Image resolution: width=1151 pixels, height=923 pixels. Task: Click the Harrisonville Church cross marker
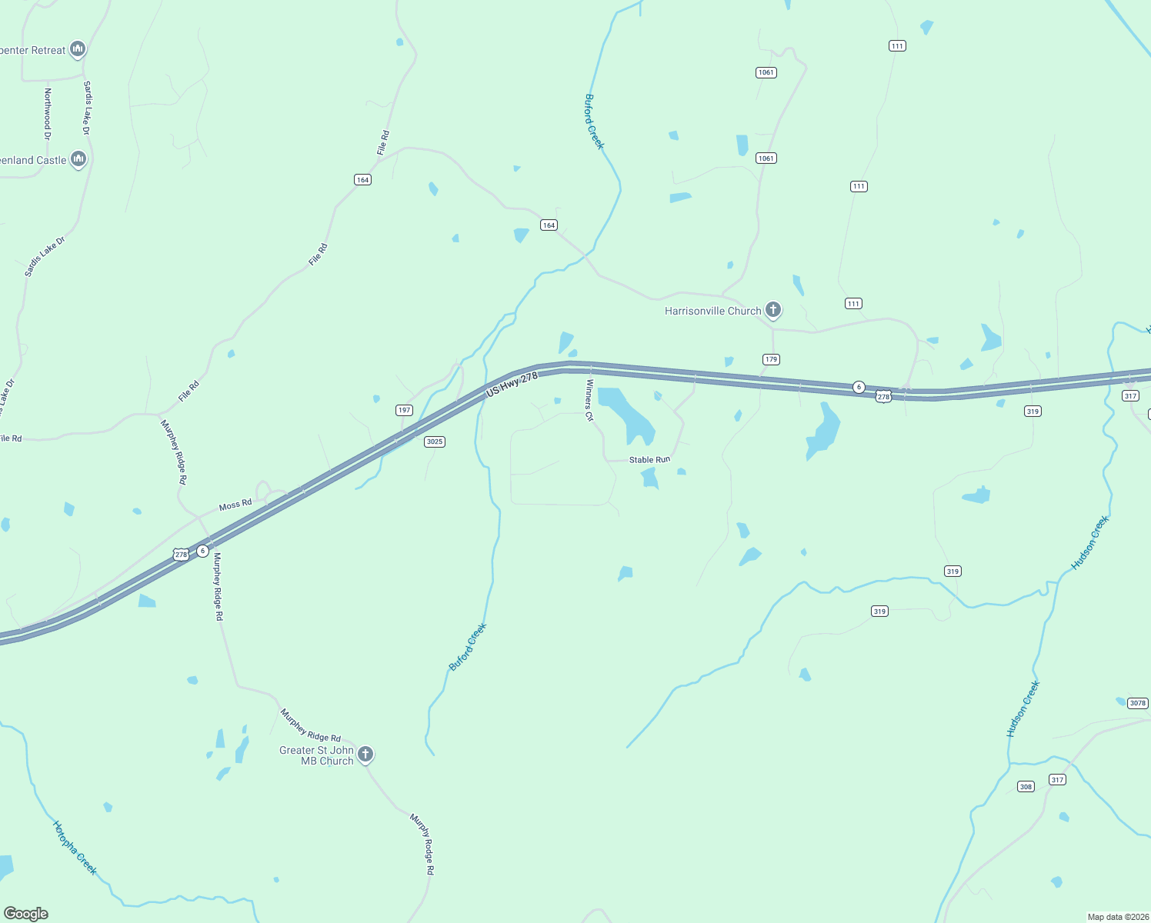[x=773, y=310]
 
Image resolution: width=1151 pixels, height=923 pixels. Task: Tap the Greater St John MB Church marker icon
[x=365, y=754]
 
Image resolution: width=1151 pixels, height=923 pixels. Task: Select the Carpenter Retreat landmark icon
[x=77, y=49]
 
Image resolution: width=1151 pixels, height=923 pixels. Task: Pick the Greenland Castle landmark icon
[x=78, y=159]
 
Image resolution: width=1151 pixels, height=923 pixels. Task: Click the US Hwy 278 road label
[x=512, y=385]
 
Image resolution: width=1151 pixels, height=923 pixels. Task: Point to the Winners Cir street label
[x=590, y=400]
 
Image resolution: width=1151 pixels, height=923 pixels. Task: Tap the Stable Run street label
[x=649, y=460]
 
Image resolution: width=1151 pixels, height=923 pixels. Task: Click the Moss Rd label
[x=235, y=505]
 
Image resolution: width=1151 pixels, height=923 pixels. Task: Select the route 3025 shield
[x=435, y=442]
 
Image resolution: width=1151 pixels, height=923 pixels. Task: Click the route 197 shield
[x=405, y=410]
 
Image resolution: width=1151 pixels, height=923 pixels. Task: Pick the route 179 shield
[x=771, y=359]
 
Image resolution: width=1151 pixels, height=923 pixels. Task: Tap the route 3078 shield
[x=1138, y=703]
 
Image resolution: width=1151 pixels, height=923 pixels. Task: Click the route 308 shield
[x=1026, y=786]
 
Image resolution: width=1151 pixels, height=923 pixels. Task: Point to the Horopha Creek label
[x=75, y=848]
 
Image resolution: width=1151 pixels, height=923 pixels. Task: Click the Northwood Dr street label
[x=48, y=114]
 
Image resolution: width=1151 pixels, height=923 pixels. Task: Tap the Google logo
[x=26, y=914]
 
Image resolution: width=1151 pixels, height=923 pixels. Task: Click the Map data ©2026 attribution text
[x=1117, y=917]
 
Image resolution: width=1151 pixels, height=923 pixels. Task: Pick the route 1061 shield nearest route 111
[x=766, y=72]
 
